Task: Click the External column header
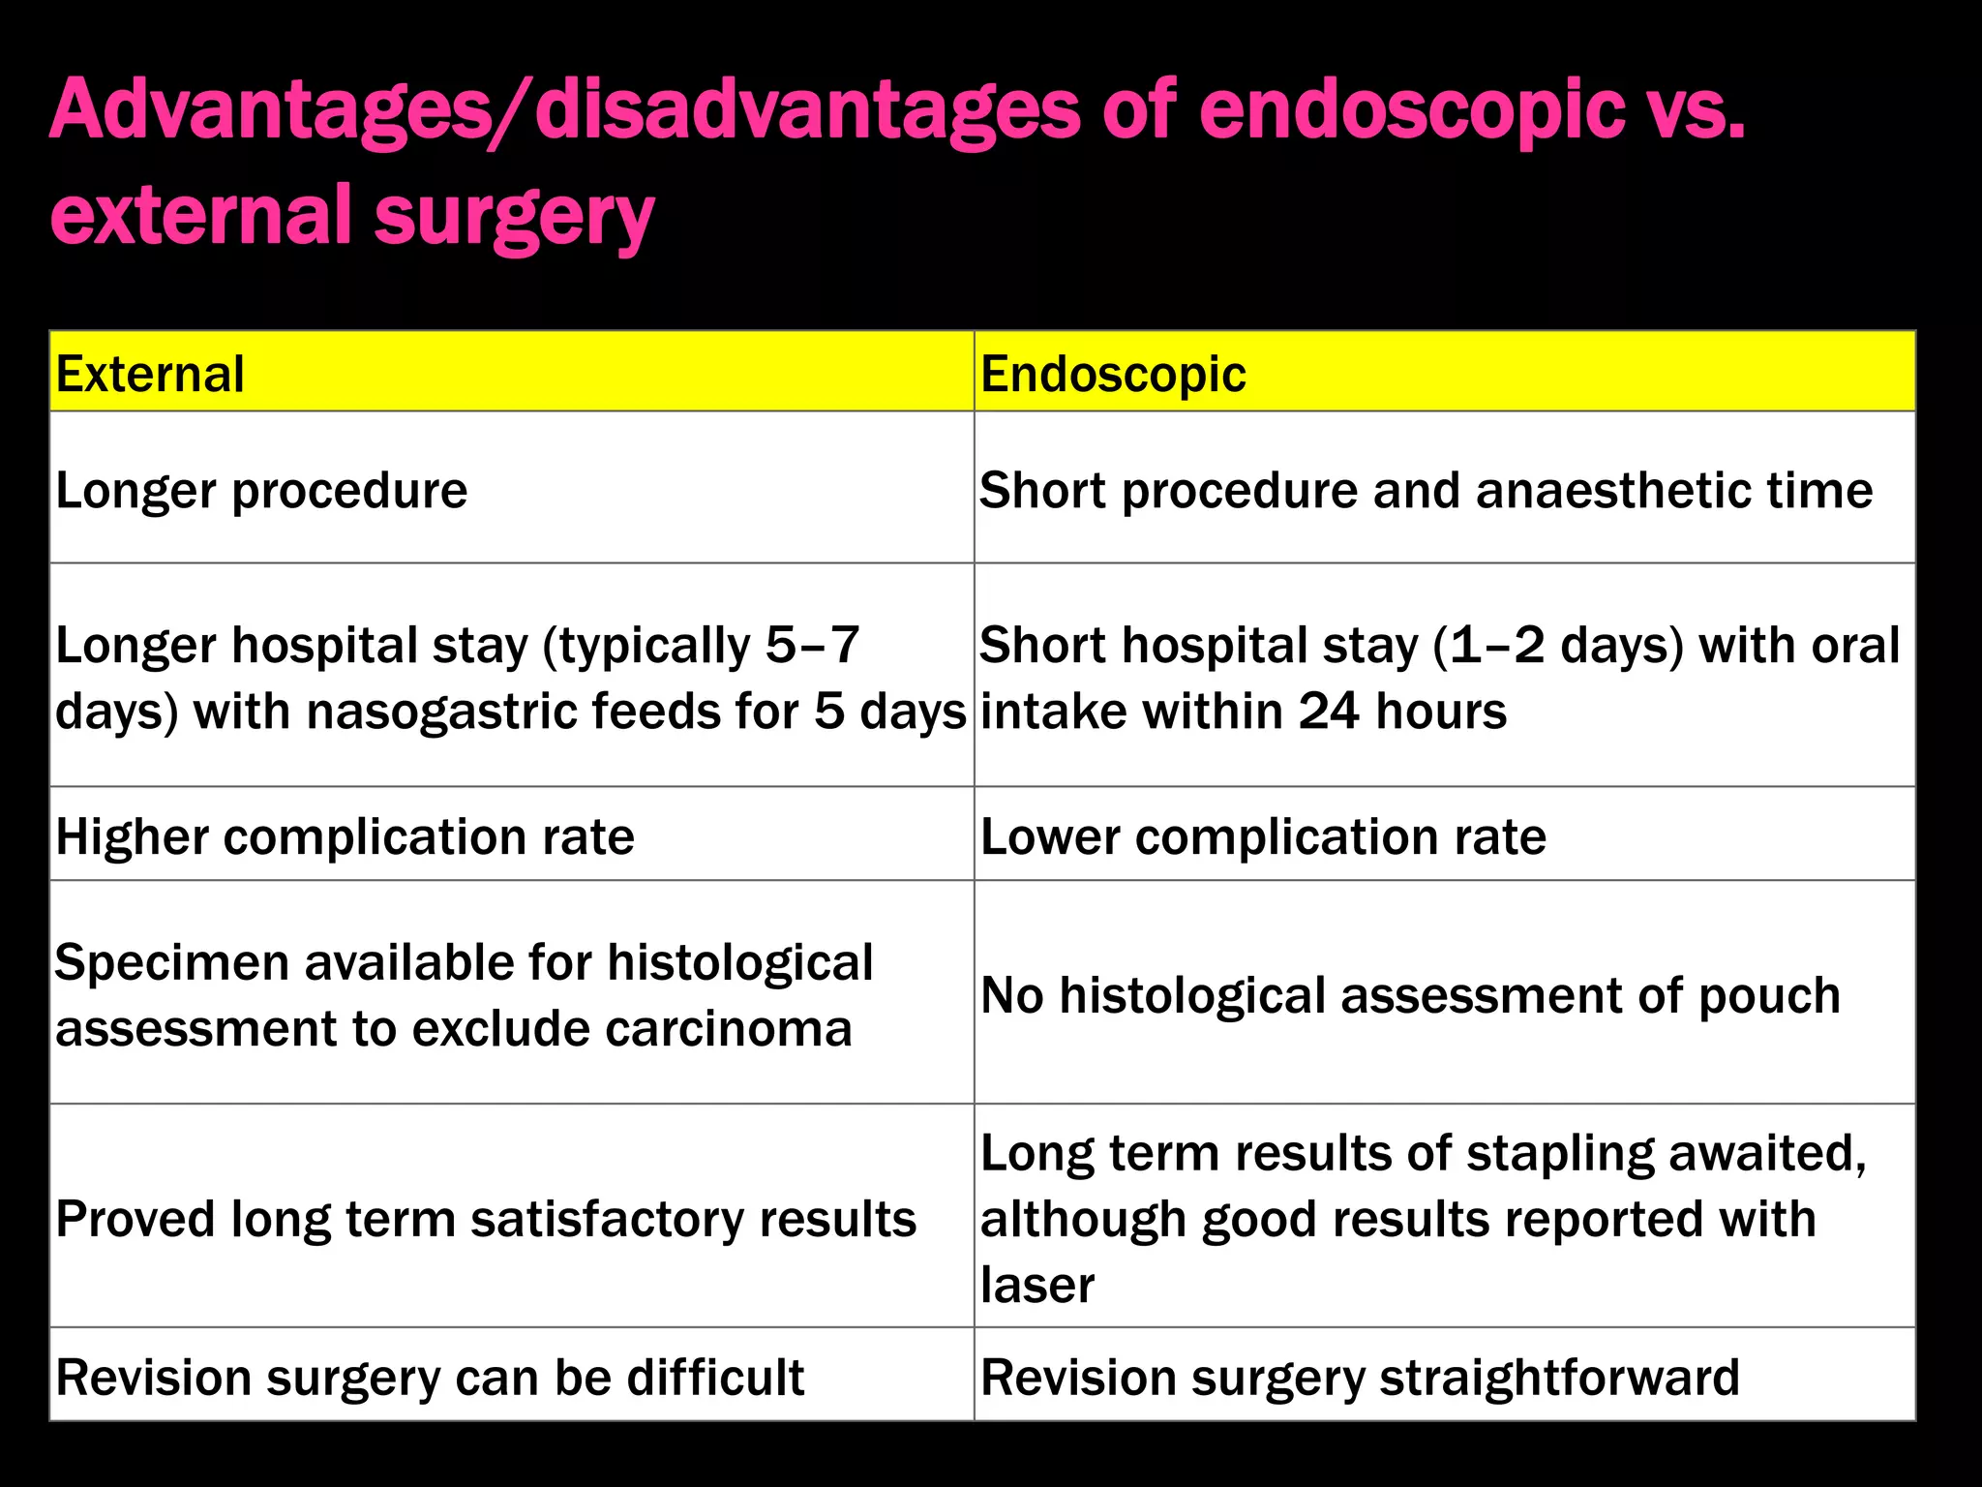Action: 150,374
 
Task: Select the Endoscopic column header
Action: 1113,374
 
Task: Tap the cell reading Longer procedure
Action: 261,490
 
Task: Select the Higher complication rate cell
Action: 345,836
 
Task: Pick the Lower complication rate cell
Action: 1263,836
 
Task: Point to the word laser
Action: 1036,1286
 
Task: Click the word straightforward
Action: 1559,1377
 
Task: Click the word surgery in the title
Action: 514,217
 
